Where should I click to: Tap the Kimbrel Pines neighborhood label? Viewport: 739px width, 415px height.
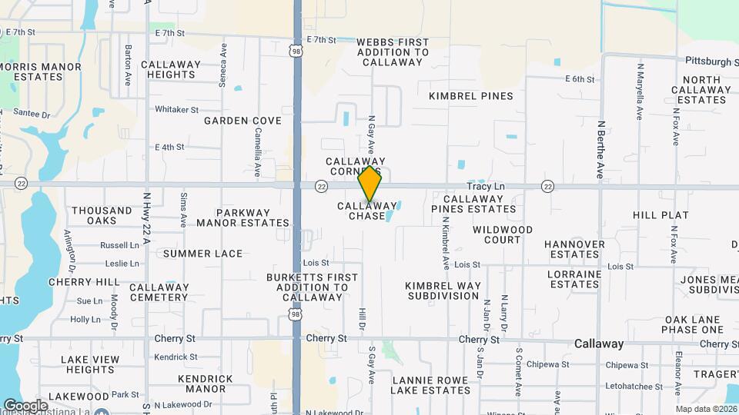tap(470, 96)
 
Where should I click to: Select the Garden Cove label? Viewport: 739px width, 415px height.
tap(242, 121)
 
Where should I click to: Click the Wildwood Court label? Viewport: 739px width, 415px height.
tap(503, 234)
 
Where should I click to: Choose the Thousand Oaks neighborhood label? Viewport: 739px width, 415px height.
tap(102, 215)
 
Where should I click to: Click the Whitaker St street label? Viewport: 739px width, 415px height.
tap(176, 110)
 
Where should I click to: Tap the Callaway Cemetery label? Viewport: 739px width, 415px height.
tap(159, 292)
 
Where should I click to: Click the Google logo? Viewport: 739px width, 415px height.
tap(25, 405)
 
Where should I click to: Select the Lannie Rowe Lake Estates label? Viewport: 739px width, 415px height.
tap(430, 385)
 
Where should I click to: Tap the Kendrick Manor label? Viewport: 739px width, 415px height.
tap(206, 383)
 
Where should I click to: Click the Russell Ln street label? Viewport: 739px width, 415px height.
tap(119, 246)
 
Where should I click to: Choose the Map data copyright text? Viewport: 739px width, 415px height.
tap(706, 409)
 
